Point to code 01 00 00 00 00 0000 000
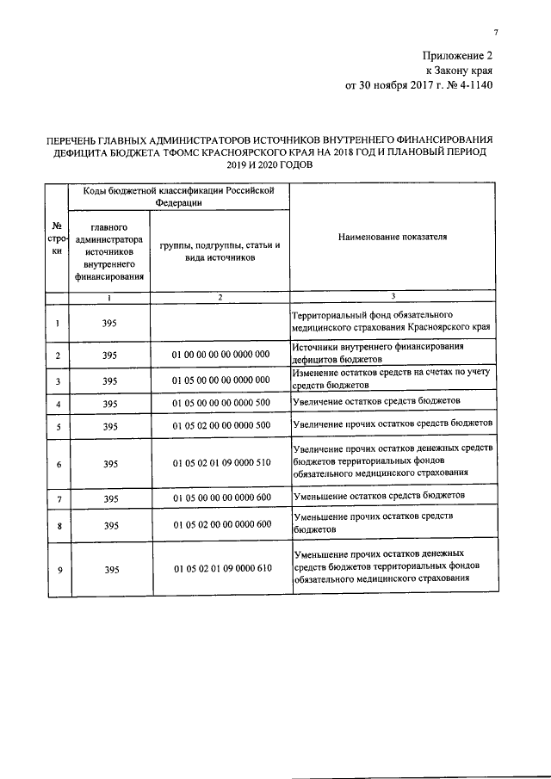click(x=220, y=355)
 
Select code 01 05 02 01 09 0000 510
click(x=220, y=464)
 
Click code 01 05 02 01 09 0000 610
click(x=220, y=570)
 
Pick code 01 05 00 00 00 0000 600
click(x=220, y=498)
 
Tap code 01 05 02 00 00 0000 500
click(x=220, y=426)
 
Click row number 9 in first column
click(x=57, y=570)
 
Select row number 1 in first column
click(x=57, y=323)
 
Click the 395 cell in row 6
click(x=109, y=464)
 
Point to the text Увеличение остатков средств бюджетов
click(x=376, y=402)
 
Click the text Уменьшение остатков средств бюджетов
click(x=378, y=497)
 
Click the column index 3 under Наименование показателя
click(x=393, y=297)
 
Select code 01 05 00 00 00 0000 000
click(x=220, y=380)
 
